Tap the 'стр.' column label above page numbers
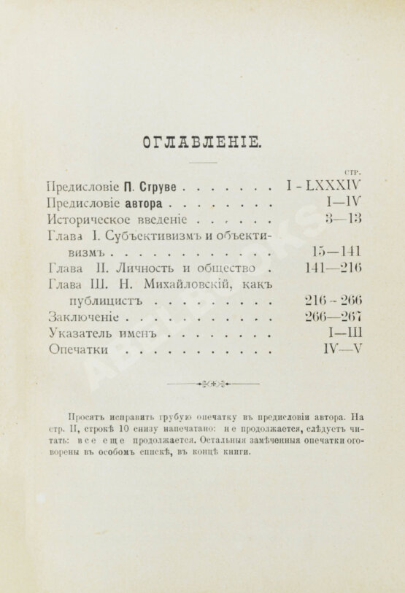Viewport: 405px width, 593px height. coord(353,171)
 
